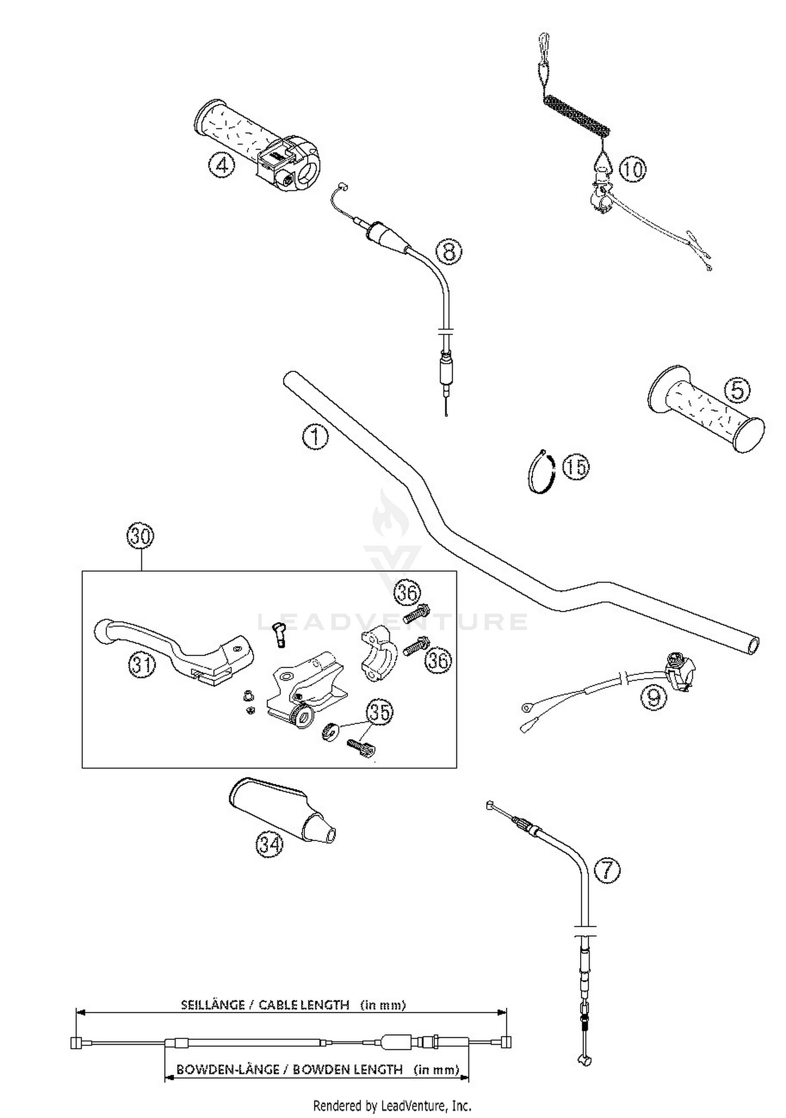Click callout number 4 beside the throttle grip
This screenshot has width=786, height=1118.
221,166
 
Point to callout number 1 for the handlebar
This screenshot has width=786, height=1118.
315,436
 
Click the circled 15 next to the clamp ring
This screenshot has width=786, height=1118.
575,466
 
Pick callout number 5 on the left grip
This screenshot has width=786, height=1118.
737,390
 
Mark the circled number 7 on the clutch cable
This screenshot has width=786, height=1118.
607,869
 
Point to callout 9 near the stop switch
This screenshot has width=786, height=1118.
653,697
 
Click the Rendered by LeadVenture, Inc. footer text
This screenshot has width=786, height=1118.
392,1105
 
